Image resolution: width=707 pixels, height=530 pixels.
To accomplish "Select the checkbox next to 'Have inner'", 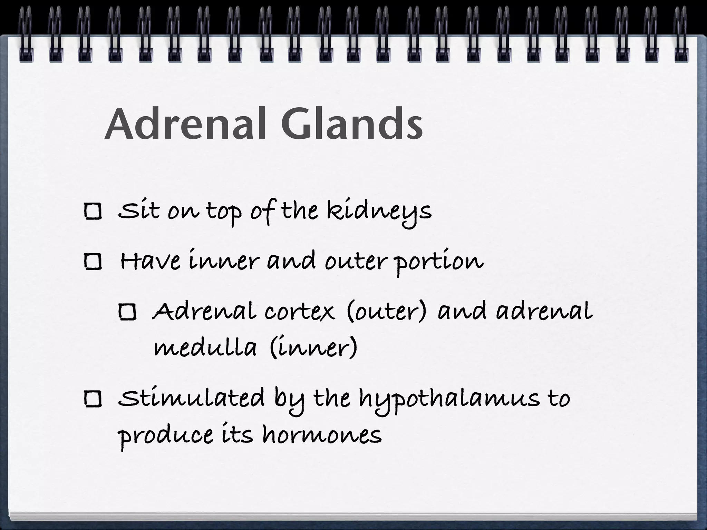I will (93, 262).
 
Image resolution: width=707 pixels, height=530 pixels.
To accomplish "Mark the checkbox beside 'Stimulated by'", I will (93, 399).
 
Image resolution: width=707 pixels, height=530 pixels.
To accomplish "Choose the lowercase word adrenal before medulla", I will (544, 312).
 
